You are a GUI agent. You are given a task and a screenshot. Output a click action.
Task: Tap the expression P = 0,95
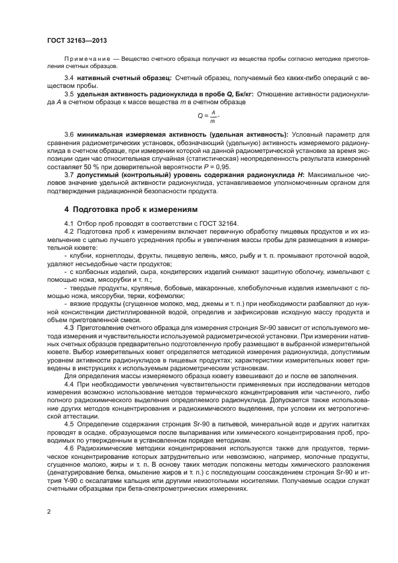tap(216, 165)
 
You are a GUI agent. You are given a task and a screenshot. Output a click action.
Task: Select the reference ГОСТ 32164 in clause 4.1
tap(221, 223)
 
